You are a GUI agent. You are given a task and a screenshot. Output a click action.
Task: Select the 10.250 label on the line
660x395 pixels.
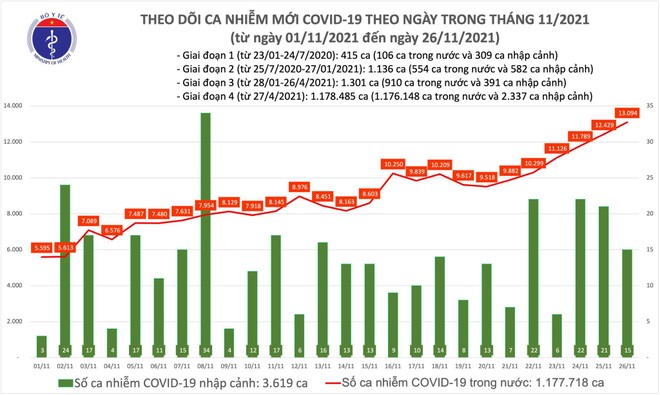392,162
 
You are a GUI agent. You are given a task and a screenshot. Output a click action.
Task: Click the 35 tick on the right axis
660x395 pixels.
649,106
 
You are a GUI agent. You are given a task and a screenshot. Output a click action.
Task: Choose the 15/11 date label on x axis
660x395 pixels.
369,366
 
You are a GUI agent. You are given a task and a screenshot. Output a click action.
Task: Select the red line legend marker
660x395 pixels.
329,383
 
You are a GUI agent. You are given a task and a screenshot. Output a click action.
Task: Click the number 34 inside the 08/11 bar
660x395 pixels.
205,350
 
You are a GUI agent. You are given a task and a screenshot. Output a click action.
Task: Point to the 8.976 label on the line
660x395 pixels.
299,186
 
